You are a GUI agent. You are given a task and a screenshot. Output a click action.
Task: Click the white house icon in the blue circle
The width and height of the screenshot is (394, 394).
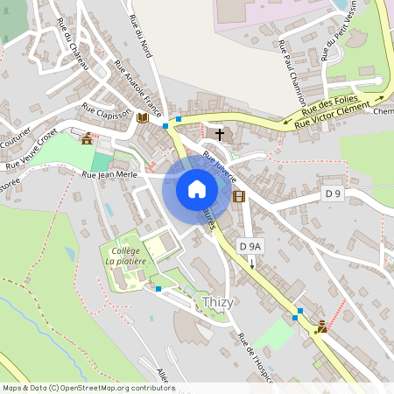[197, 188]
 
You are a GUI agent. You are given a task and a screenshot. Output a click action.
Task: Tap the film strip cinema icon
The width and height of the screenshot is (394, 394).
[239, 196]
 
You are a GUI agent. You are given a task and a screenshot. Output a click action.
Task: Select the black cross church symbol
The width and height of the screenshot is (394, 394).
[218, 135]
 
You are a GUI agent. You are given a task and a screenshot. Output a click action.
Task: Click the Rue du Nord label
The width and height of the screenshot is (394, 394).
[139, 38]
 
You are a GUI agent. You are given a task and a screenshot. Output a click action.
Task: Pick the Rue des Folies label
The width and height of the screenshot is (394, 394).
[325, 106]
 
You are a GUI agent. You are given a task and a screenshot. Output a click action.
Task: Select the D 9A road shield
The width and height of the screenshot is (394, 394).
[250, 247]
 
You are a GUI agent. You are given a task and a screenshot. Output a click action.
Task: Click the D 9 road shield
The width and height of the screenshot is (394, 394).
[330, 193]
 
